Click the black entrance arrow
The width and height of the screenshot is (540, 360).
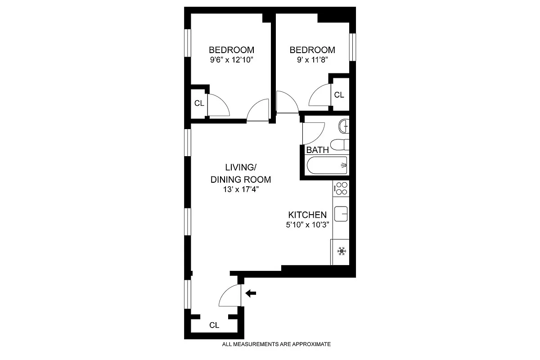(251, 293)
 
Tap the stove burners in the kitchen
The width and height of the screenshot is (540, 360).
(341, 188)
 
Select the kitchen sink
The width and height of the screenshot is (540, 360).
(341, 212)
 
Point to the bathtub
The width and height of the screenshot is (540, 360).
(327, 166)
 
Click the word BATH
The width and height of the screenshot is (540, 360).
(317, 150)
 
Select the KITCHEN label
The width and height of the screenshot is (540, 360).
(307, 215)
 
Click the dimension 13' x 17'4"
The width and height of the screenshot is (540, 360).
(241, 189)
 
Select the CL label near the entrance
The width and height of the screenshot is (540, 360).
(214, 325)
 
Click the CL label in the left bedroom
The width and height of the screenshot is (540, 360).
(199, 103)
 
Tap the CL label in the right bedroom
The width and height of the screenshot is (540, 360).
(339, 95)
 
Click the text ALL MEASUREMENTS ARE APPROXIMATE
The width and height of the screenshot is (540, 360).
(277, 344)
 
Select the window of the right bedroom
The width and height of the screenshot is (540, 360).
(353, 47)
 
